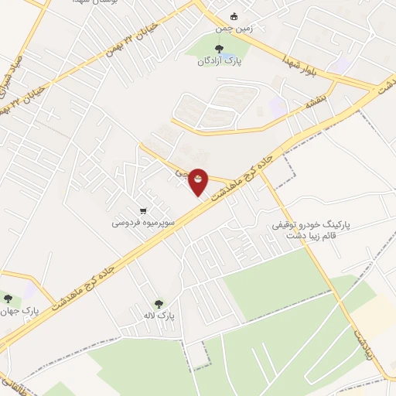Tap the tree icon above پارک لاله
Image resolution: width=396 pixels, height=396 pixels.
(x=159, y=304)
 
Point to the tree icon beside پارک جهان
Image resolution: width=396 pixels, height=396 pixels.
(x=9, y=299)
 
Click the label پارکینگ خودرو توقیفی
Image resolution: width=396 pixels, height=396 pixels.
(x=312, y=224)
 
